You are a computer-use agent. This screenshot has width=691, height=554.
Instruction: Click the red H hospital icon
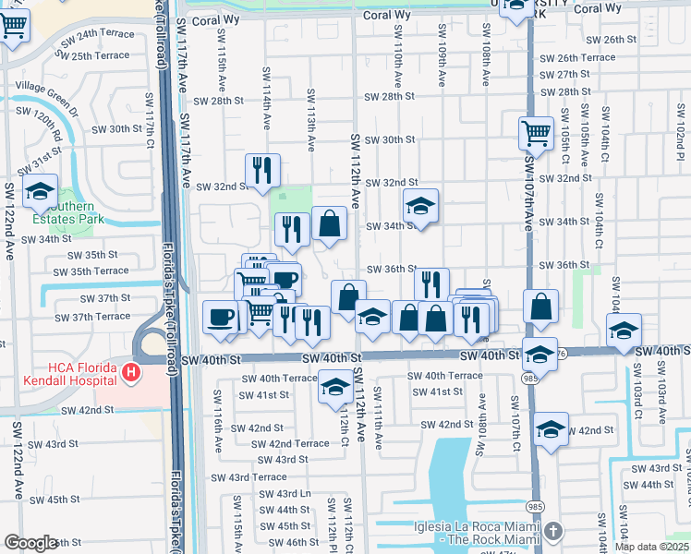pos(131,373)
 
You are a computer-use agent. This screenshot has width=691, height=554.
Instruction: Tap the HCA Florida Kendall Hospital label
pos(57,373)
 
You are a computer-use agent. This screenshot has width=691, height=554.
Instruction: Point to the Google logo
pos(30,543)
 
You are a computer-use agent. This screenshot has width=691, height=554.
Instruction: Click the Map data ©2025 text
pos(652,547)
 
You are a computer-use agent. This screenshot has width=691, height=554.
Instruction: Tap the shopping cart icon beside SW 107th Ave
pos(536,134)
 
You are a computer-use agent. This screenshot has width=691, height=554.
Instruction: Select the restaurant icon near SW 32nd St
pos(262,170)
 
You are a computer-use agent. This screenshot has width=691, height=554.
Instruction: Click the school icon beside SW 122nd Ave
pos(40,192)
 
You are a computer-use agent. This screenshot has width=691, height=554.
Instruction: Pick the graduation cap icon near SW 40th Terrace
pos(335,387)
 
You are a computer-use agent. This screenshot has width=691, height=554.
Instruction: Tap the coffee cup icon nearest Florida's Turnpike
pos(220,317)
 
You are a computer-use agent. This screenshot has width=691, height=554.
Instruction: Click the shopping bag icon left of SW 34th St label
pos(329,223)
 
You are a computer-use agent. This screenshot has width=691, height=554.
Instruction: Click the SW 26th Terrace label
pos(577,57)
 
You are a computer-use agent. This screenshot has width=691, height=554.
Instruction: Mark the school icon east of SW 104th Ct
pos(624,331)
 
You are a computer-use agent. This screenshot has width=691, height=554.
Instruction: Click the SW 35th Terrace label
pos(91,271)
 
